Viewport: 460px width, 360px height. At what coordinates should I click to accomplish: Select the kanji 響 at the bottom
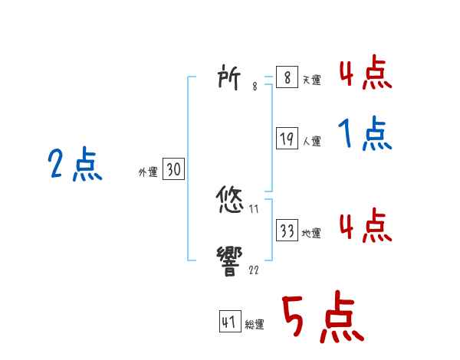pyautogui.click(x=232, y=260)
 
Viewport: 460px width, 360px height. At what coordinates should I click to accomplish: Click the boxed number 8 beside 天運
pyautogui.click(x=286, y=77)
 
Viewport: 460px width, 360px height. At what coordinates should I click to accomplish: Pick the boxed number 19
pyautogui.click(x=286, y=139)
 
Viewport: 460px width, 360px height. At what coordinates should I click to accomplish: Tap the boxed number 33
pyautogui.click(x=286, y=231)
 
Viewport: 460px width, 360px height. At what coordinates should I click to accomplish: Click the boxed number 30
pyautogui.click(x=173, y=170)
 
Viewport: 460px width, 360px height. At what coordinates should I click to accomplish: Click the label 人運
pyautogui.click(x=311, y=142)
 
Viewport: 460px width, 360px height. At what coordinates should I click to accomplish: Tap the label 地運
pyautogui.click(x=311, y=234)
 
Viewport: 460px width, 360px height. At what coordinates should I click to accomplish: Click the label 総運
pyautogui.click(x=255, y=325)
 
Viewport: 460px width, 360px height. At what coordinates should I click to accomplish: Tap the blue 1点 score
pyautogui.click(x=366, y=136)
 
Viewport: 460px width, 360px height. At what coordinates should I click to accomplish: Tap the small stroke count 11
pyautogui.click(x=254, y=209)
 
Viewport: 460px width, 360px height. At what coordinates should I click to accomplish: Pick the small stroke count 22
pyautogui.click(x=254, y=270)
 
